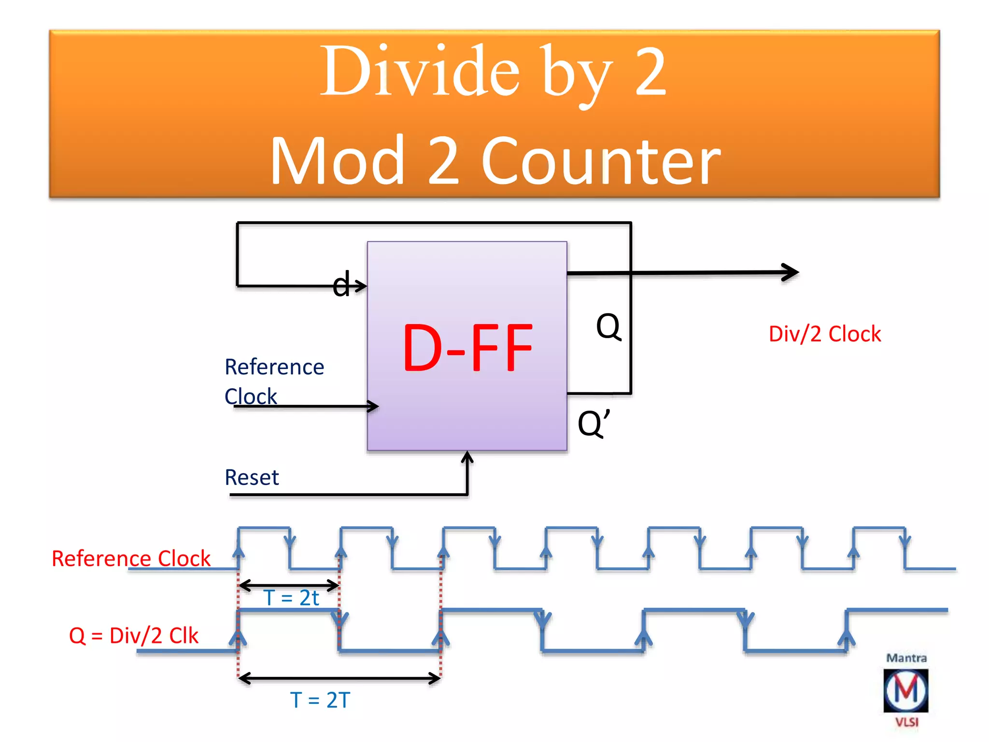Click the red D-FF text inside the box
point(467,348)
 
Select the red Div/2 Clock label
point(825,334)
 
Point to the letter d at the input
point(341,285)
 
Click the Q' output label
point(594,423)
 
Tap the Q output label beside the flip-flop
point(608,327)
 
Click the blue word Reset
point(252,477)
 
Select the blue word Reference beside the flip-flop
point(274,367)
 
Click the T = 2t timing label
point(291,598)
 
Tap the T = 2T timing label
point(320,700)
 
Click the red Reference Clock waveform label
point(131,558)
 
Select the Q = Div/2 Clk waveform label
point(134,636)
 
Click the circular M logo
point(906,690)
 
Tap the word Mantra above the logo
point(906,658)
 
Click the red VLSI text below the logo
point(906,722)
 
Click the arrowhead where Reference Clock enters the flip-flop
point(374,406)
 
